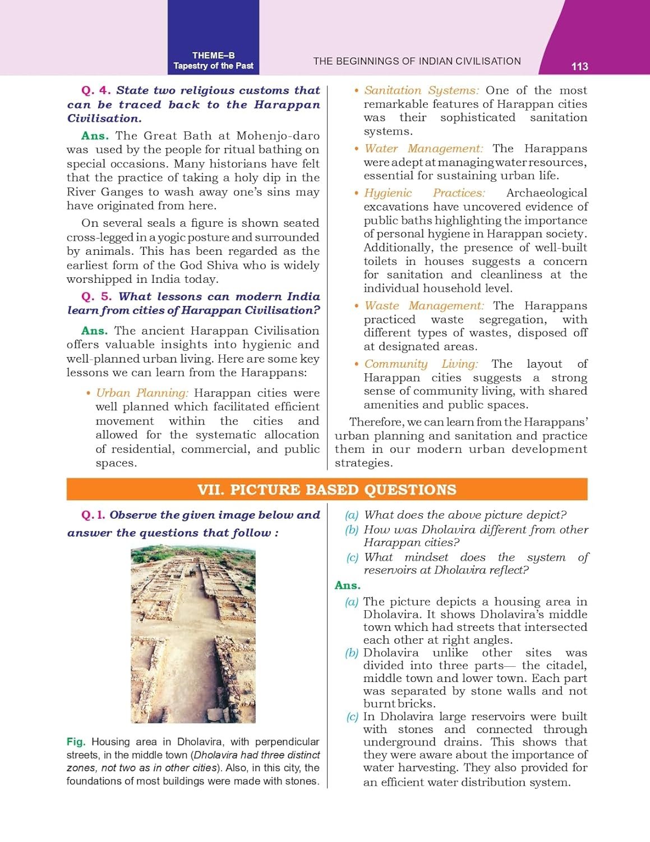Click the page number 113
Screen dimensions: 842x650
point(579,66)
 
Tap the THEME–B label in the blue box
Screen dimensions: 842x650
point(213,56)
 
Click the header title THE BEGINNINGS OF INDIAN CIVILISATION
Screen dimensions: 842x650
point(417,61)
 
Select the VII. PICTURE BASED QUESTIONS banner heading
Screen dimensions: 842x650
point(326,489)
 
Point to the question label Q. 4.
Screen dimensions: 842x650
point(96,90)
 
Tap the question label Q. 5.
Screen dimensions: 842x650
point(96,296)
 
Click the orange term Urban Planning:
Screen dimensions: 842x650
point(142,393)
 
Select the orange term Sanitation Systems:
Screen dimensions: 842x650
point(421,90)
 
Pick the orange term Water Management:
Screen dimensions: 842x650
point(423,149)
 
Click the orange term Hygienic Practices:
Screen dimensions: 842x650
point(425,193)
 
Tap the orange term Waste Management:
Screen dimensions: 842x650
point(424,306)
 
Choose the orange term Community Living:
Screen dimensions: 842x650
point(421,364)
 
